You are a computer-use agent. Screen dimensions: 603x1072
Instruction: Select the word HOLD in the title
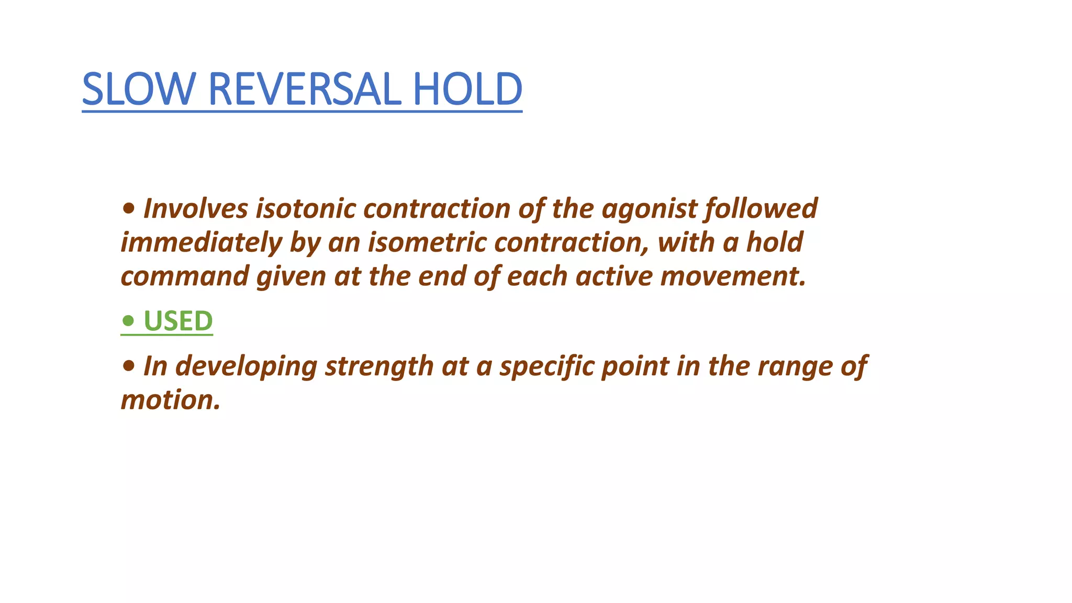click(467, 89)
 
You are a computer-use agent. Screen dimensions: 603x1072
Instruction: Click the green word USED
click(178, 321)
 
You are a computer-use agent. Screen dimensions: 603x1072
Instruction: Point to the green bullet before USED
click(128, 320)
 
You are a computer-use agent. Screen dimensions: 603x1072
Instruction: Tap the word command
click(185, 276)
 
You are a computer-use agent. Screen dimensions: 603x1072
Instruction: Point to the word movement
click(733, 276)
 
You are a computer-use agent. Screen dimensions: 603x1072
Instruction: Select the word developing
click(246, 366)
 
